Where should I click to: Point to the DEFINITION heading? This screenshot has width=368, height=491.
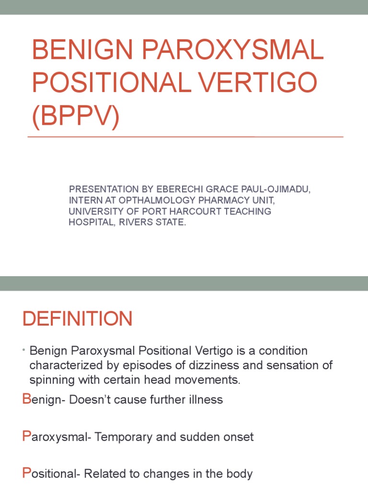(x=77, y=319)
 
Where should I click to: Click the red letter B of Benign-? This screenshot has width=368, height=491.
(x=26, y=399)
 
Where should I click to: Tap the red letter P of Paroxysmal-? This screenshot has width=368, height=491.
(x=26, y=436)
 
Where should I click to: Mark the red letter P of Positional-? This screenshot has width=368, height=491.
(x=26, y=474)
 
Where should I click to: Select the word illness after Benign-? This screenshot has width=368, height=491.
(x=206, y=399)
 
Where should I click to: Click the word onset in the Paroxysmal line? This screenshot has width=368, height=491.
(x=240, y=437)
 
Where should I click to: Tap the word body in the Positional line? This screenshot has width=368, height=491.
(x=240, y=474)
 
